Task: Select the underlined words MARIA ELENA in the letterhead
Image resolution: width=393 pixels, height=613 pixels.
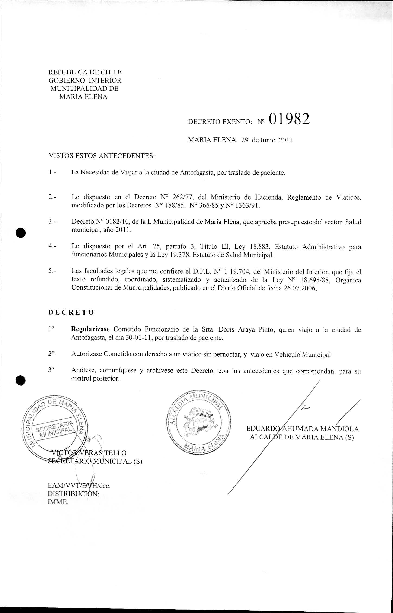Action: tap(83, 97)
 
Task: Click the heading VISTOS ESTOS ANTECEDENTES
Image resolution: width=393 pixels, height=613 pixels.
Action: tap(102, 156)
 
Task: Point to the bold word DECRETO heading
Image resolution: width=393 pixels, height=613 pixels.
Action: tap(71, 313)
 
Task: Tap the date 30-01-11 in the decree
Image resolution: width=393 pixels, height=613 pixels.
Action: tap(139, 338)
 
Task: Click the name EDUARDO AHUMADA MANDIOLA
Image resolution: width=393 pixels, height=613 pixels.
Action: tap(302, 429)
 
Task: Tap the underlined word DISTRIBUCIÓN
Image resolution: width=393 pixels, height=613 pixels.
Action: tap(73, 494)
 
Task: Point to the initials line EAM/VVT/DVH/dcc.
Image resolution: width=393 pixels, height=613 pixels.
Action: tap(79, 486)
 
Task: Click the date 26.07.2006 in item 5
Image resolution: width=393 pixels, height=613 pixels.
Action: tap(300, 288)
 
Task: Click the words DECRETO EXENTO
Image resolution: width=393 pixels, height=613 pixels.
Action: tap(220, 122)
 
